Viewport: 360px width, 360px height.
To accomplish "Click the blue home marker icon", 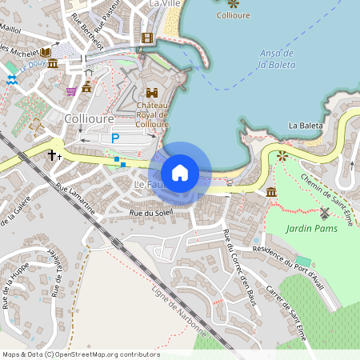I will [180, 173].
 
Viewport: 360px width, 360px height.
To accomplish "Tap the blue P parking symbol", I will [114, 138].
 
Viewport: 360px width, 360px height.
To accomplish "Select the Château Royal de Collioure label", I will [152, 115].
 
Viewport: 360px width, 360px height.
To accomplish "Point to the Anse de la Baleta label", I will [278, 58].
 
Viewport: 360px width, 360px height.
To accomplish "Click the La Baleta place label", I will [305, 126].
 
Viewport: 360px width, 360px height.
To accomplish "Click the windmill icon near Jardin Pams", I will [324, 214].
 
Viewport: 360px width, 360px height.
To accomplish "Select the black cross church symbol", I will [53, 154].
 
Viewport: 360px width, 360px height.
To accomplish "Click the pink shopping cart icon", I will [71, 91].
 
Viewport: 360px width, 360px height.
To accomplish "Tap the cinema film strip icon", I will [146, 38].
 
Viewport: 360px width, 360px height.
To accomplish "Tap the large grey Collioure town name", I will [88, 118].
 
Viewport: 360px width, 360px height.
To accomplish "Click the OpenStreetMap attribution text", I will [81, 354].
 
